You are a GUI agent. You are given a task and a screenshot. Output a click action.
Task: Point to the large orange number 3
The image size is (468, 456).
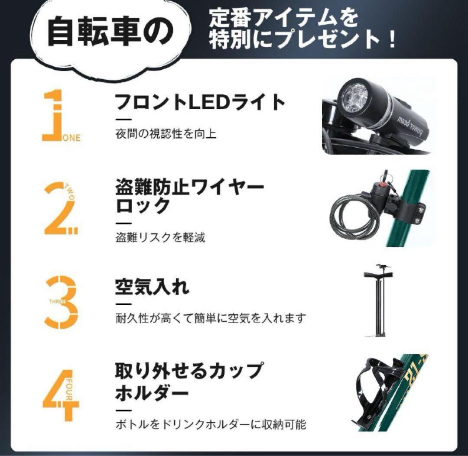[62, 302]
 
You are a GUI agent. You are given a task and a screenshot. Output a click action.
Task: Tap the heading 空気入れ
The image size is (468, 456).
[152, 287]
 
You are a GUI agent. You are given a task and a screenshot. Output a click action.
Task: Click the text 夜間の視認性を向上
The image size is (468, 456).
[166, 134]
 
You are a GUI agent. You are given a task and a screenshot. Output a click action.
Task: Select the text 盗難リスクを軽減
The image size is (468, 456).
[160, 238]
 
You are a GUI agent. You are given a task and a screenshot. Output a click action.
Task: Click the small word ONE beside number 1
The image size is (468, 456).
[72, 138]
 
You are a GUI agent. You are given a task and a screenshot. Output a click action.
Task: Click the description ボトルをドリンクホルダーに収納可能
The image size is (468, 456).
[211, 424]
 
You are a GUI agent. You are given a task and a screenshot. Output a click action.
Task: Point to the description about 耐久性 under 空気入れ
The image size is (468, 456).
[211, 318]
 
